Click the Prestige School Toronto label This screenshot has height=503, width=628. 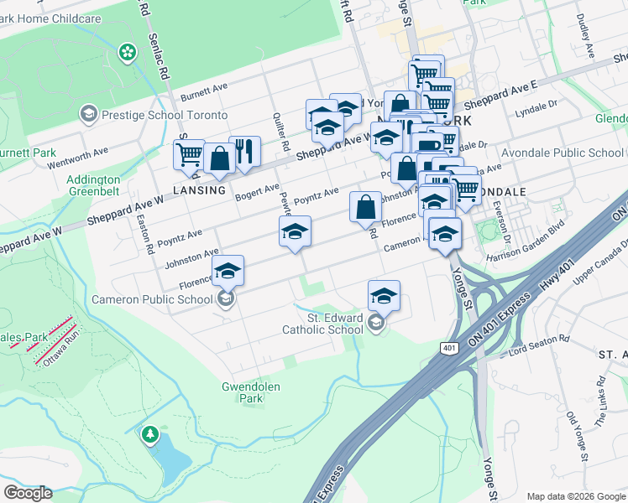click(x=165, y=115)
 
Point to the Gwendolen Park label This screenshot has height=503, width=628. click(x=250, y=392)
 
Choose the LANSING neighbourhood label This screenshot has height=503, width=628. click(x=200, y=190)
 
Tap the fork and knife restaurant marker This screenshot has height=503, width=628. click(x=244, y=152)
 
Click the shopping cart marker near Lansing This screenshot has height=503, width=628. click(x=189, y=154)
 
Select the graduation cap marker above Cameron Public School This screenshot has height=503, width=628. click(x=228, y=271)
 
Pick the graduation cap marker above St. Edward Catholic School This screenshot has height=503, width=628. click(x=384, y=295)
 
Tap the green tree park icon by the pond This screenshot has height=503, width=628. click(x=149, y=434)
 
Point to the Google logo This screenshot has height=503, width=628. click(x=27, y=493)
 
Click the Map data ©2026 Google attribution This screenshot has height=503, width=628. click(x=576, y=496)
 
